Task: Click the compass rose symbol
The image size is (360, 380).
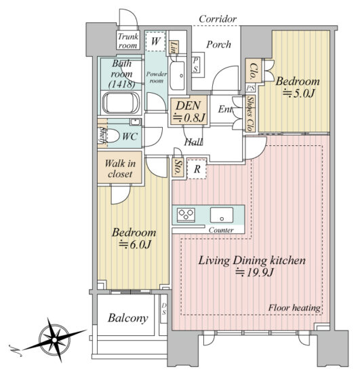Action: pos(54,340)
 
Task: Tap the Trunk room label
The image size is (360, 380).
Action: pos(128,41)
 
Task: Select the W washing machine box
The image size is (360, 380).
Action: pos(155,41)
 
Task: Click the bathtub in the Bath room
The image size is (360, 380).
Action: pos(121,102)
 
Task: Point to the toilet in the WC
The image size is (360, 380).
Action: pos(113,136)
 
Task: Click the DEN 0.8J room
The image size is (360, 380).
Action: pos(188,111)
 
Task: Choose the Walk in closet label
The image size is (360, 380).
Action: pos(120,168)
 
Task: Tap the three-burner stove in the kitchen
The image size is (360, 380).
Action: pos(186,214)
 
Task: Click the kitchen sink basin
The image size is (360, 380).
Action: pos(222,214)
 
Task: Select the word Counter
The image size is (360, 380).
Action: pos(221,230)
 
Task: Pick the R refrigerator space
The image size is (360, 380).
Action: pos(197,169)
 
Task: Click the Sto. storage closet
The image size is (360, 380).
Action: pos(177,168)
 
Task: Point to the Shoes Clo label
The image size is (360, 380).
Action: pos(250,114)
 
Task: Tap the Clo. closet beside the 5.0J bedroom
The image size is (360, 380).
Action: pos(253,71)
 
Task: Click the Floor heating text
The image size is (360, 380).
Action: pos(294,308)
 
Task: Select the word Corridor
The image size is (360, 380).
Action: pos(218,19)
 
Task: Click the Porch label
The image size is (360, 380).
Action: pos(218,45)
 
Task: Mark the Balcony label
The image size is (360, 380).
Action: pos(128,318)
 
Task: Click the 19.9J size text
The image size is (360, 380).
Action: pos(255,272)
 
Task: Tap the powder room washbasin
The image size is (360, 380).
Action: pos(177,75)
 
